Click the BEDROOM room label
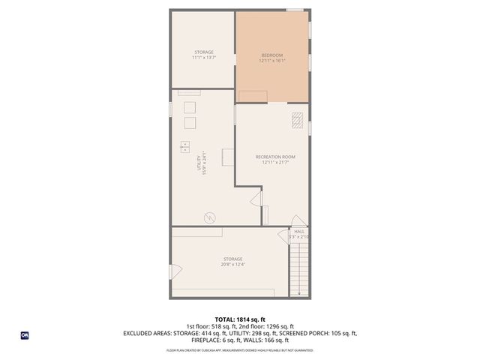[x=272, y=55]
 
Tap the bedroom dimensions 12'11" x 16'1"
[x=272, y=61]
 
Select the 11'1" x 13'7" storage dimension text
[x=203, y=58]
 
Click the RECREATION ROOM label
[x=275, y=157]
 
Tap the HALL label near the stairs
[x=299, y=232]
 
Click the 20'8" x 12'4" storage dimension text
[x=232, y=265]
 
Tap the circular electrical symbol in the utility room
[x=209, y=217]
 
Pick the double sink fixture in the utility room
[x=185, y=147]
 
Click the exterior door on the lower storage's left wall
[x=175, y=271]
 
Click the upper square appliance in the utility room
[x=190, y=106]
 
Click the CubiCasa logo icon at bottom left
[x=25, y=335]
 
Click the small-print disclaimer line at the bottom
[x=240, y=350]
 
